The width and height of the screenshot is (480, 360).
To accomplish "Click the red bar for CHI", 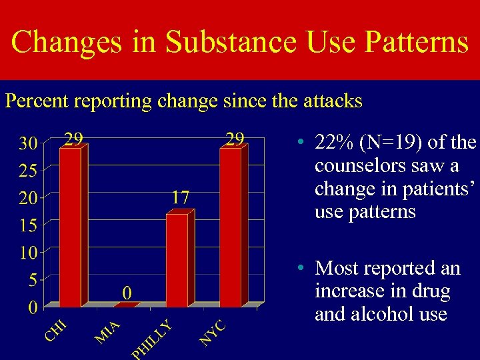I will [x=70, y=227].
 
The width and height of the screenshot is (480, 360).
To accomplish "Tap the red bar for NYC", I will [x=231, y=227].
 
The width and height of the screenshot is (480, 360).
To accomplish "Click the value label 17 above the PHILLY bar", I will [x=180, y=197].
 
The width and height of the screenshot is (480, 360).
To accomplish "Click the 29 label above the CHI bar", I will [x=73, y=139].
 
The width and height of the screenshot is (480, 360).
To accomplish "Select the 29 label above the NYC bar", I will [x=234, y=139].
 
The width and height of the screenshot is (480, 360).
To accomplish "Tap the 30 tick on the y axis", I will [x=27, y=143].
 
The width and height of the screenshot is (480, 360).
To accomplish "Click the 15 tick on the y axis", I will [x=27, y=225].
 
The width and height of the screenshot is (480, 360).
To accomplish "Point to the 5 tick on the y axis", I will [x=32, y=280].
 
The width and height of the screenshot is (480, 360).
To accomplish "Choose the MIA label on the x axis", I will [x=107, y=333].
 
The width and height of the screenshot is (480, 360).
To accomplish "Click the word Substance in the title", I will [x=230, y=42].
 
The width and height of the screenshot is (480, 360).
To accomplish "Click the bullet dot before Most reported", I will [x=302, y=268].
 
